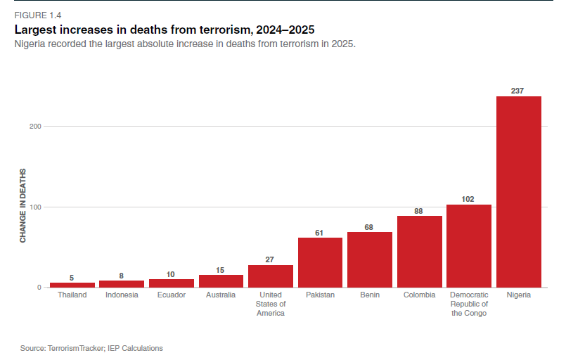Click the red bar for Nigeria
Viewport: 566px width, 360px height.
[x=519, y=192]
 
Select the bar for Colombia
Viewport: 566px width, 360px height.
[x=420, y=252]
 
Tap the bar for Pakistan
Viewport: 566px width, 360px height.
[x=320, y=262]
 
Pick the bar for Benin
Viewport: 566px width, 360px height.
[x=370, y=259]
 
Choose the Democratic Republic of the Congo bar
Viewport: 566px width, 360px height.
[x=469, y=246]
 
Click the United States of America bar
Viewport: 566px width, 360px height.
[x=271, y=276]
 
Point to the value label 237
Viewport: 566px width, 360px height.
[x=519, y=91]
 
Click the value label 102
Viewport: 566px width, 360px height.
[x=469, y=199]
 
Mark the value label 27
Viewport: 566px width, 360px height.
[x=271, y=259]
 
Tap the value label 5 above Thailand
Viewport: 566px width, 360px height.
[x=72, y=277]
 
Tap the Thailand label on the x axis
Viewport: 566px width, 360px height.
[x=72, y=295]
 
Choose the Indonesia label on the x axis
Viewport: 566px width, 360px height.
[x=122, y=295]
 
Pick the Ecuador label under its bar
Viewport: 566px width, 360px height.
[x=172, y=295]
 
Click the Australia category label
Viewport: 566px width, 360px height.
[x=221, y=295]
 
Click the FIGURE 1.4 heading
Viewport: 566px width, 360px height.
[x=38, y=15]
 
